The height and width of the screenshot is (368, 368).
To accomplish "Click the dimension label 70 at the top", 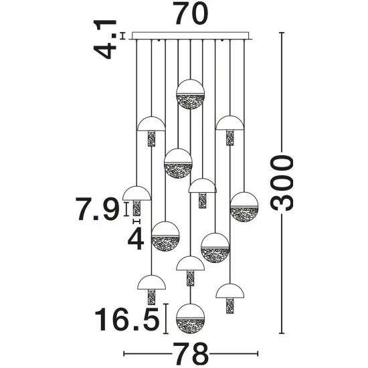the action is (192, 13).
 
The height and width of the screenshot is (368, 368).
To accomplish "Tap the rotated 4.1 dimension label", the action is (105, 39).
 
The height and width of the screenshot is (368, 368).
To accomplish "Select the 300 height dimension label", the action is (282, 183).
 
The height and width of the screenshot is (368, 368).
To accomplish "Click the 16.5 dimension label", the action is (127, 319).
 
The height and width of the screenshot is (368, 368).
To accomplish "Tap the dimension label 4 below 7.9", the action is (136, 238).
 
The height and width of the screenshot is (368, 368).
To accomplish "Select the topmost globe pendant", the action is (190, 94).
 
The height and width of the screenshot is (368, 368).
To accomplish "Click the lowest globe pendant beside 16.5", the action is (190, 318).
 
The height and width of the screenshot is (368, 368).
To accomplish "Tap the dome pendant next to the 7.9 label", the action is (136, 201).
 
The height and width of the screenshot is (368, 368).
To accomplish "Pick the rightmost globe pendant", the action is (244, 207).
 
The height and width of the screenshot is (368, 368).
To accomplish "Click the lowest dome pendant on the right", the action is (230, 298).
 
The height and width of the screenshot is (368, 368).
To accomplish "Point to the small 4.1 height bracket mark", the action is (122, 35).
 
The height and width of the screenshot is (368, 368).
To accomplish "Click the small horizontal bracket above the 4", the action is (136, 221).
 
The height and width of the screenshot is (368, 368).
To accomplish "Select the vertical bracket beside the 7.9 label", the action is (126, 209).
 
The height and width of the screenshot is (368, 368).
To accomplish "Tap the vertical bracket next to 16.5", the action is (166, 318).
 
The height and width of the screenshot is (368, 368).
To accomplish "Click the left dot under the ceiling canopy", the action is (159, 41).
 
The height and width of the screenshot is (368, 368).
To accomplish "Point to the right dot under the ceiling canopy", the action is (222, 41).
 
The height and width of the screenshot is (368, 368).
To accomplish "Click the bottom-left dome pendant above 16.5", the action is (151, 290).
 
